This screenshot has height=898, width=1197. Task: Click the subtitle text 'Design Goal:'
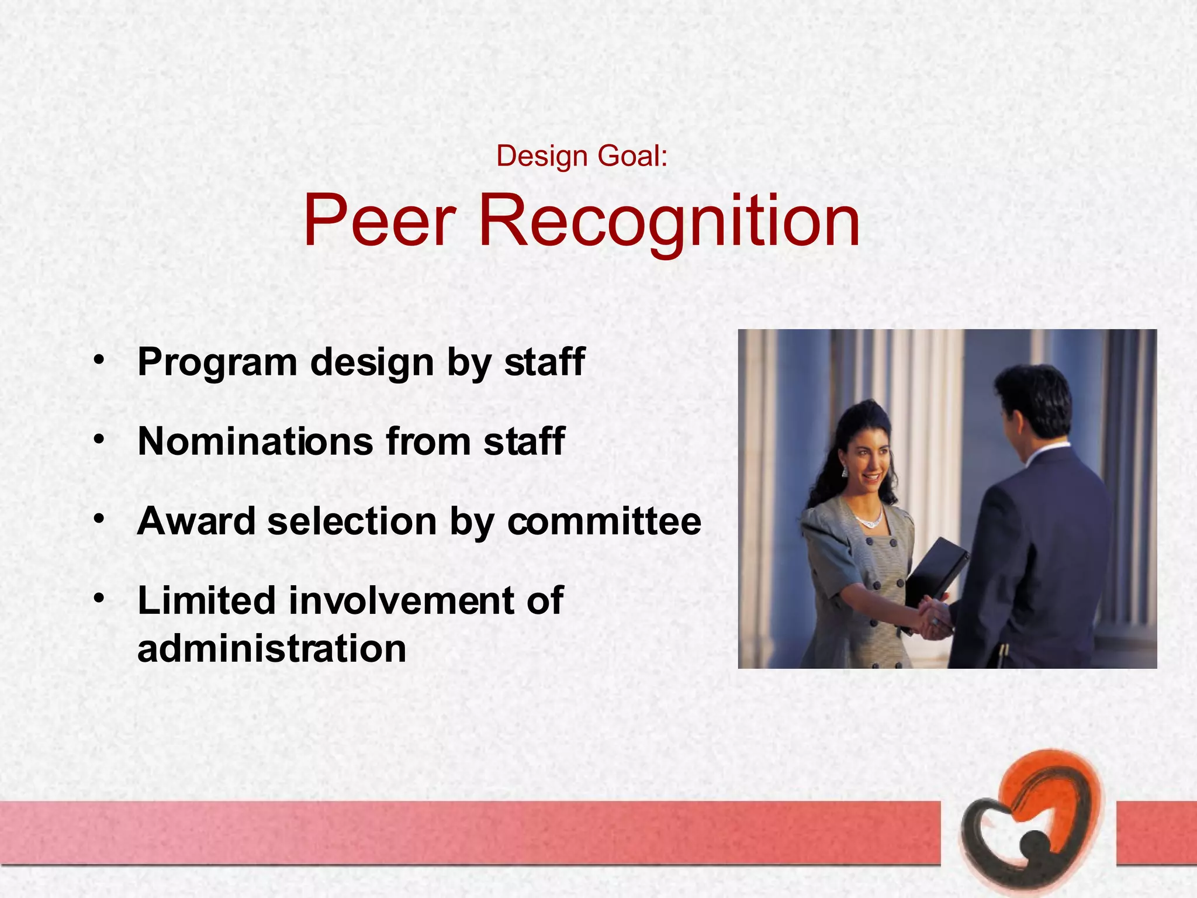pos(582,157)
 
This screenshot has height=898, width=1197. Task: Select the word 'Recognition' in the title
pos(669,222)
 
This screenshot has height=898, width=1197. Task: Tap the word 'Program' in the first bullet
pos(217,362)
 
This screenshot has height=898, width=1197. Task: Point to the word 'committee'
pos(604,521)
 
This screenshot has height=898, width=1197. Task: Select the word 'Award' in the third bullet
pos(196,521)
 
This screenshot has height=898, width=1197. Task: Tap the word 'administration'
pos(272,648)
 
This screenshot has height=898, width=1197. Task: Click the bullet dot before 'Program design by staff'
pos(99,359)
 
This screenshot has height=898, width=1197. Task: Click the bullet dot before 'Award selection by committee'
pos(99,518)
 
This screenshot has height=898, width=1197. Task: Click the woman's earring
pos(845,471)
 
